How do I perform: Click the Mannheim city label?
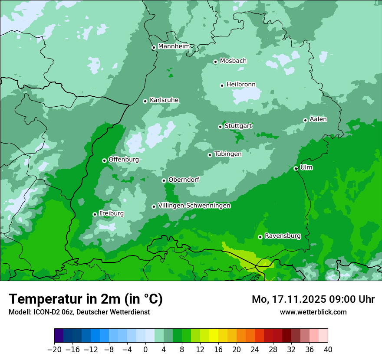point(174,46)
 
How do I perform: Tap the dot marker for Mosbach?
point(215,62)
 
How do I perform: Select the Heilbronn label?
point(241,84)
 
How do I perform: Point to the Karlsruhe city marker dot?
point(145,101)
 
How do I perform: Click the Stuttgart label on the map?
point(238,126)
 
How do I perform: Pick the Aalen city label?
point(318,119)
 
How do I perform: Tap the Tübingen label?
point(228,154)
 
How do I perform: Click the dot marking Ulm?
point(296,168)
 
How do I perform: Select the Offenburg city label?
point(124,159)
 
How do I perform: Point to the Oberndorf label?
point(184,179)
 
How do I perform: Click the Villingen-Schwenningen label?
point(194,206)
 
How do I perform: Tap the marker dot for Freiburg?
point(95,214)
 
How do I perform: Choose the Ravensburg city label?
point(283,236)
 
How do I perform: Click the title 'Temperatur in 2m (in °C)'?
point(86,299)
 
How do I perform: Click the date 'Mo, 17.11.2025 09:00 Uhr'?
point(313,299)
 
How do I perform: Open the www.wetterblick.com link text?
point(313,312)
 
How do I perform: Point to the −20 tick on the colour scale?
point(54,350)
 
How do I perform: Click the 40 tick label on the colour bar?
point(328,350)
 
